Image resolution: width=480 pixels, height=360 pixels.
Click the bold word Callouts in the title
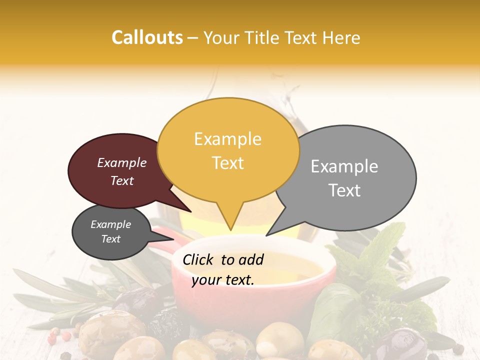tap(147, 37)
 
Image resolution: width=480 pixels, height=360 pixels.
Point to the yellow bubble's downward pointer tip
tap(230, 229)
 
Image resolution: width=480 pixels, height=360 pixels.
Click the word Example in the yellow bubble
tap(227, 139)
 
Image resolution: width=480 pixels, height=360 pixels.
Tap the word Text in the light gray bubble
tap(344, 190)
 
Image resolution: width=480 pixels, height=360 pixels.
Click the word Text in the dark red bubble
tap(122, 181)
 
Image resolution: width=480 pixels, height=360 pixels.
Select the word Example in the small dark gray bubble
tap(110, 224)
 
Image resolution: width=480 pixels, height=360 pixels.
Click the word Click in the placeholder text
tap(198, 259)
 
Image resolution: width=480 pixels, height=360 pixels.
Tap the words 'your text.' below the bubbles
tap(223, 280)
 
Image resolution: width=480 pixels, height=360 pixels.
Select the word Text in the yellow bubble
tap(228, 163)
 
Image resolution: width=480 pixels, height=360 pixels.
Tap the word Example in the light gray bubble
tap(344, 166)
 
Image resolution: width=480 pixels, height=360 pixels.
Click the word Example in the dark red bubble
tap(122, 163)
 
